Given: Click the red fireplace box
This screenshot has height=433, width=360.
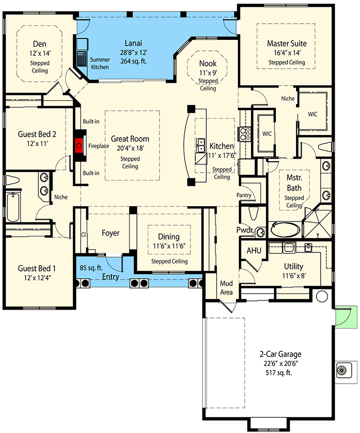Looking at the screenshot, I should pos(80,144).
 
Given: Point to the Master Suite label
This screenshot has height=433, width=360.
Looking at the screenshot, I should pos(287,44).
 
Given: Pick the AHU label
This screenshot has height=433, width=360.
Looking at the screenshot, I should pos(253,250).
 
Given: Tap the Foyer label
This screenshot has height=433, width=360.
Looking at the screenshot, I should pos(110,233).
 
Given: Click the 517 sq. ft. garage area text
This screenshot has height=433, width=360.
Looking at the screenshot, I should pos(279,373).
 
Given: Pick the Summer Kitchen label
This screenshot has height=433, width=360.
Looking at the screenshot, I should pos(100,64).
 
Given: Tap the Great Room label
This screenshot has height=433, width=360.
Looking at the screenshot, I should pos(130,139).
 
